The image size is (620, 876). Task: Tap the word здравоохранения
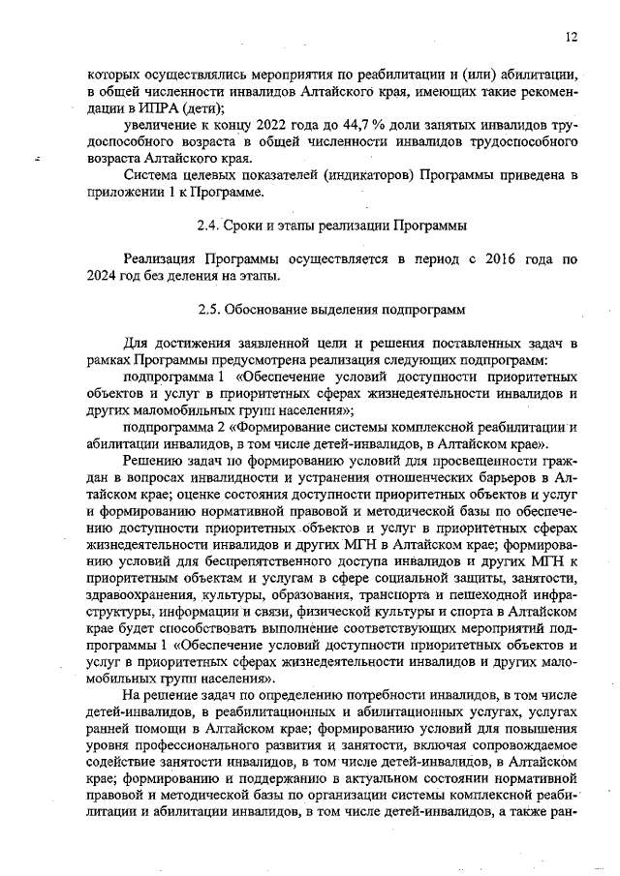click(x=142, y=595)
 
